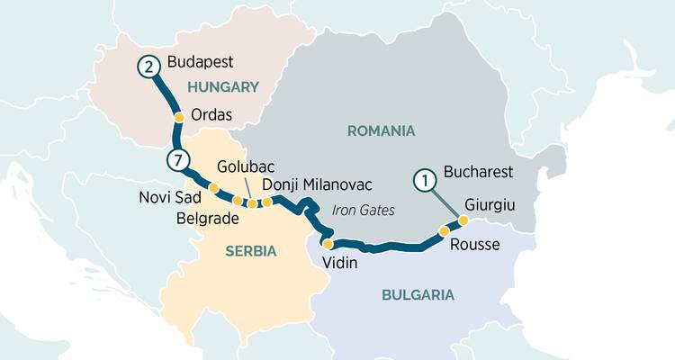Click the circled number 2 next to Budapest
(150, 66)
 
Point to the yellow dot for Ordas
(179, 117)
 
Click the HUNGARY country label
(221, 87)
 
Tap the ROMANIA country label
(381, 131)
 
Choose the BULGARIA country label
(417, 294)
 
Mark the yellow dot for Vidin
(328, 244)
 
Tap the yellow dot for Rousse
(444, 231)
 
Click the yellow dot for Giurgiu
(463, 220)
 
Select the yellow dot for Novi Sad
(213, 188)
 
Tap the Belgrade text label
(206, 217)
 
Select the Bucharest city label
(479, 171)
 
